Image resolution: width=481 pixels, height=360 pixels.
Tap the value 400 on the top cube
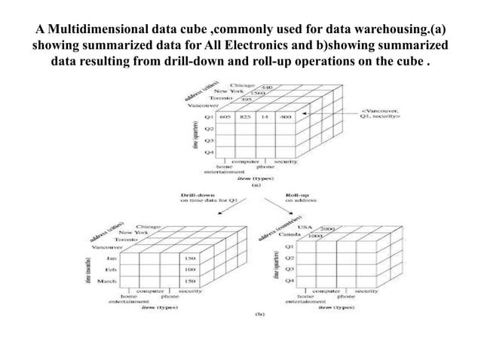(x=284, y=117)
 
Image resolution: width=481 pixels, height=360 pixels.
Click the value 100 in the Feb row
(x=190, y=268)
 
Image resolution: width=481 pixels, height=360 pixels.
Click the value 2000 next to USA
(x=327, y=227)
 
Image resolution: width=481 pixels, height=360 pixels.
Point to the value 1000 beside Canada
(x=316, y=236)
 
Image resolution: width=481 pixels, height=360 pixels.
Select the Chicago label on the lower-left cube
(x=149, y=226)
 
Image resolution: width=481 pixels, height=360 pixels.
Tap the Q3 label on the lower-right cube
(x=289, y=268)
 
